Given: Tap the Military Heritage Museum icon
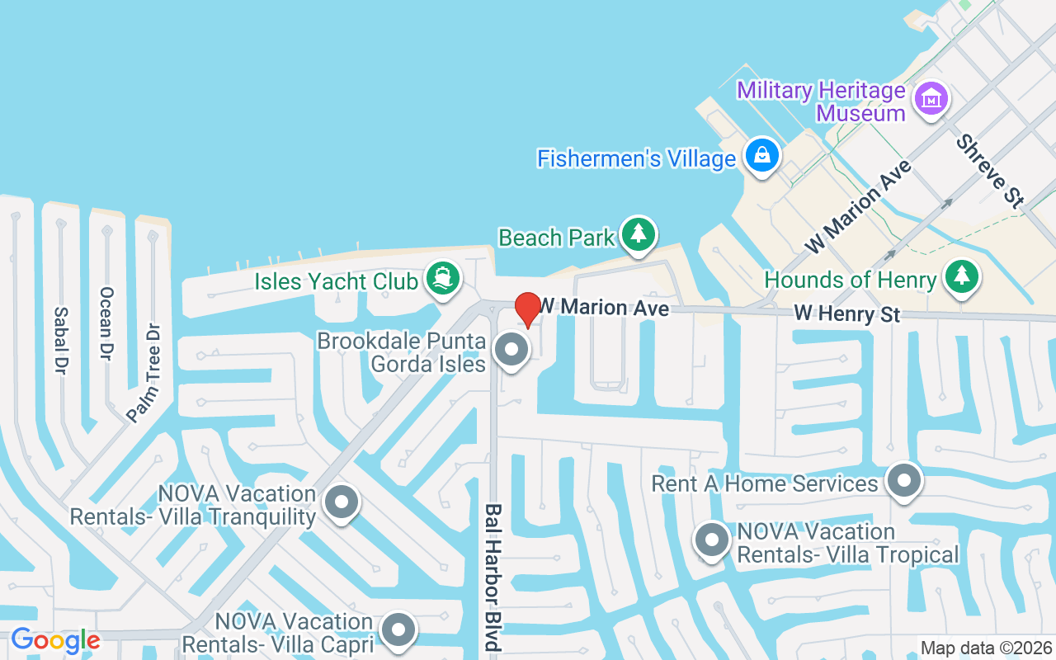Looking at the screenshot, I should [931, 99].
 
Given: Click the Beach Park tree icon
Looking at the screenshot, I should [638, 233].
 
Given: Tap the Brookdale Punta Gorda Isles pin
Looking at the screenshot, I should [511, 350].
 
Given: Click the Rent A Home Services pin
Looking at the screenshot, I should [903, 479].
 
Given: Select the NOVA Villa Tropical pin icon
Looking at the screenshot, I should [712, 541].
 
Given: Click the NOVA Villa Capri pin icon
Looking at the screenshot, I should [400, 629].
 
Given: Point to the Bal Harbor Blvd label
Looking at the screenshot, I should [493, 577].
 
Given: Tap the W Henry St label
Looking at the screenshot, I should [846, 314].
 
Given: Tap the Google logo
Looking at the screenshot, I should [55, 640].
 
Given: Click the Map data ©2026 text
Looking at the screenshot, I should [986, 648].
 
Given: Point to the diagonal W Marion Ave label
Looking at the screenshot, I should [859, 206].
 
